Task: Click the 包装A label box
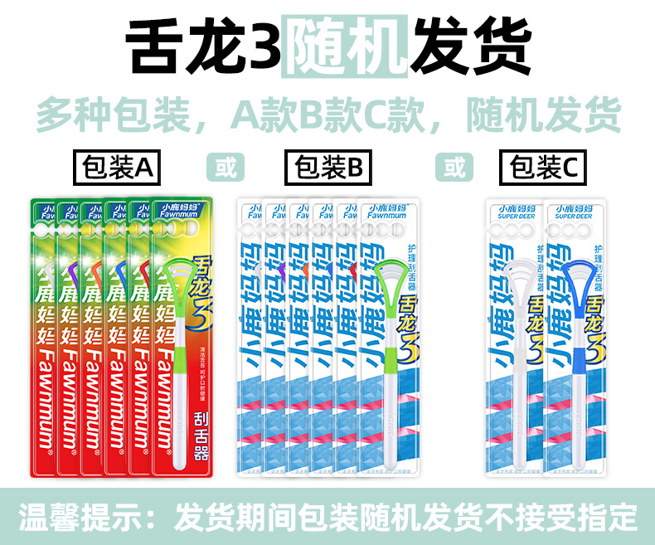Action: [x=117, y=168]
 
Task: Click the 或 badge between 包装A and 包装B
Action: [x=226, y=168]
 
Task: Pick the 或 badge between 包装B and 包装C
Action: [x=454, y=168]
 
